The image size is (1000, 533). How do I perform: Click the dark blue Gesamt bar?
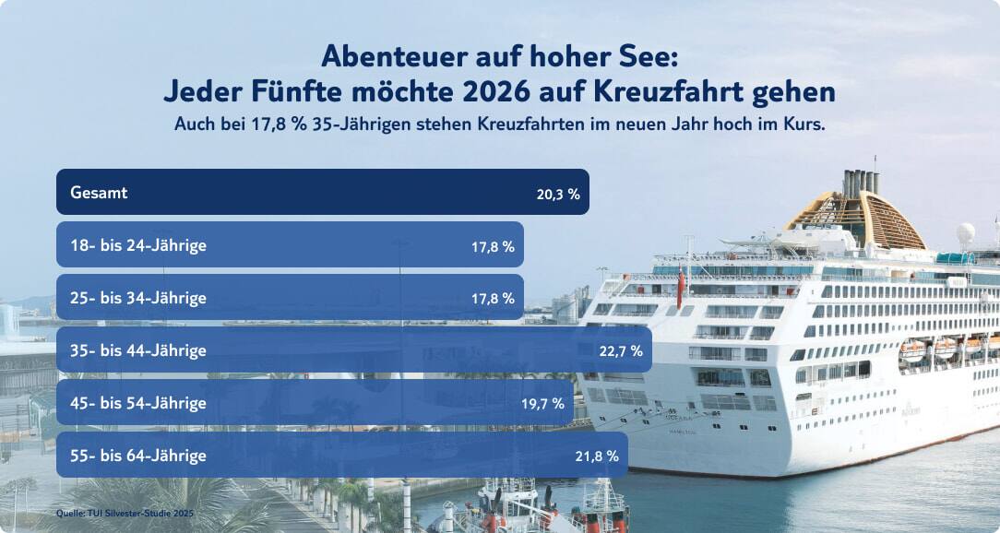click(323, 192)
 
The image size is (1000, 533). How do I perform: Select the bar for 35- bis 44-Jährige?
click(354, 350)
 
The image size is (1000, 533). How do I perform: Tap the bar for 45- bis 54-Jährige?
click(315, 403)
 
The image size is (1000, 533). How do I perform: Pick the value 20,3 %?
click(557, 195)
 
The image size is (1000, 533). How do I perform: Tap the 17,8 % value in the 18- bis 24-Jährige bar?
click(493, 247)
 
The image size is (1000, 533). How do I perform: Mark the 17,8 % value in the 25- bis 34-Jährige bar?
click(493, 299)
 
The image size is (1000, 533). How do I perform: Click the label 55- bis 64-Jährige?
click(138, 456)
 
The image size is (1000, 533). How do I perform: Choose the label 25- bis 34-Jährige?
click(138, 298)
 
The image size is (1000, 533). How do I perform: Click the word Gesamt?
click(99, 193)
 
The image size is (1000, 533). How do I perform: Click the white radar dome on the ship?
click(965, 232)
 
